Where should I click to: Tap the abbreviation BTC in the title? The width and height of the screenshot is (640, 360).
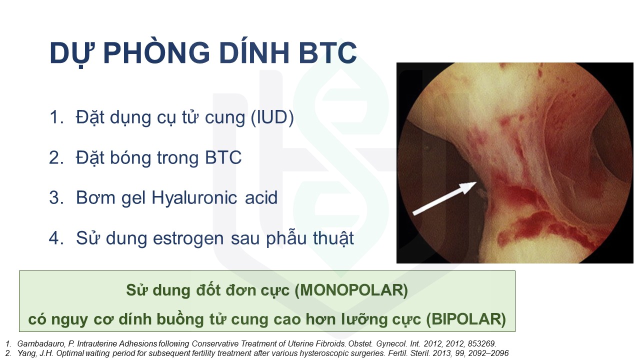[327, 53]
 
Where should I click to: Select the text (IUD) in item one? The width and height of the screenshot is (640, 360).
[272, 117]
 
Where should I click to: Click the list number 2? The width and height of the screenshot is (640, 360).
[56, 157]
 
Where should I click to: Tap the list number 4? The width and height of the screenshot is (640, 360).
[56, 238]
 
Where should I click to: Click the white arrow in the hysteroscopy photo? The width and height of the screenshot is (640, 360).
[444, 198]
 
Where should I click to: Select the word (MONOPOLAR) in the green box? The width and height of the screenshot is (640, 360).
[351, 290]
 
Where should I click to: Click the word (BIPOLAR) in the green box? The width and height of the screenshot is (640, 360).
[466, 319]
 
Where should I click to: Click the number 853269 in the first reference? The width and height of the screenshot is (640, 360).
[482, 343]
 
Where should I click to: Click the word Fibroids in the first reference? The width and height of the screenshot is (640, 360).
[330, 343]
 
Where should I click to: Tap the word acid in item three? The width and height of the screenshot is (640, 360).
[261, 197]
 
